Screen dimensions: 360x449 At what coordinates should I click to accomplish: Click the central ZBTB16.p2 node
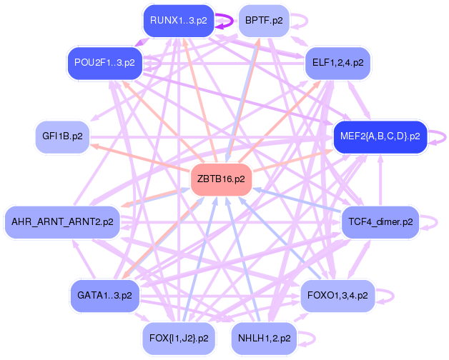221,179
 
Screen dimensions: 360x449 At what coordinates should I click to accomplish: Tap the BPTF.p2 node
264,20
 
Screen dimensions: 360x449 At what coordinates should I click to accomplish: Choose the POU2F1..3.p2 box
105,63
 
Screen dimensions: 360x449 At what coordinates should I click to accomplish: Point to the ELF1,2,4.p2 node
337,63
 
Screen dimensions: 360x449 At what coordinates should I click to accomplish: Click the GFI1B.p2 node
63,136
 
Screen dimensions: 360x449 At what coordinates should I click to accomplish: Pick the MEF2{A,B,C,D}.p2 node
380,136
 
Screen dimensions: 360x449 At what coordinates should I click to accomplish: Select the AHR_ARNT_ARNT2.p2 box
61,222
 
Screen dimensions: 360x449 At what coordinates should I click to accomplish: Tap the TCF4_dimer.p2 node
380,222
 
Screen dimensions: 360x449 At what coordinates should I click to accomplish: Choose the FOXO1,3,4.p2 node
337,294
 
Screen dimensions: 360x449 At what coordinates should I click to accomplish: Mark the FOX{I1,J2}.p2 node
175,337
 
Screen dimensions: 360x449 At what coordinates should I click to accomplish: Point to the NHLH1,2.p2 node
264,337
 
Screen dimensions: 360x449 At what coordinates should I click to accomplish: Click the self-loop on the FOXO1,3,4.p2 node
387,294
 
